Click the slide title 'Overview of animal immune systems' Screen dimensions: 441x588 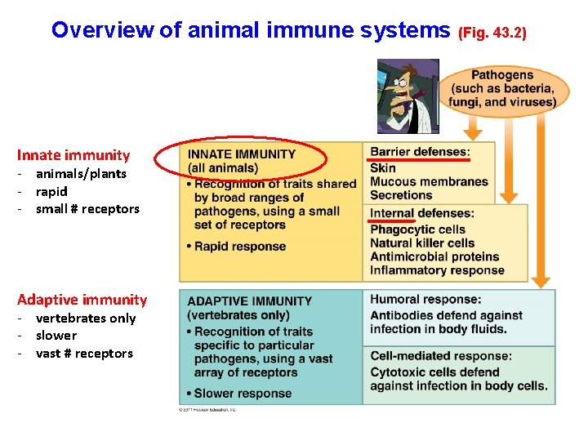point(250,30)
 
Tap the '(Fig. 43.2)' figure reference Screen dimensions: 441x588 point(492,33)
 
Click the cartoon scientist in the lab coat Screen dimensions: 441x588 point(408,96)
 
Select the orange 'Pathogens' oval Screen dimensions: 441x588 point(501,88)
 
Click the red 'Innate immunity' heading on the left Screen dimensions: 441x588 point(73,155)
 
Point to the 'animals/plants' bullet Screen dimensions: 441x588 point(81,173)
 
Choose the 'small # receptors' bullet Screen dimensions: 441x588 point(87,208)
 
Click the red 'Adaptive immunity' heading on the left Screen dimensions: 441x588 point(82,300)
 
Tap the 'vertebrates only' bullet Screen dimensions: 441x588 point(86,318)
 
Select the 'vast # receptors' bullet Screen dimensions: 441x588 point(84,353)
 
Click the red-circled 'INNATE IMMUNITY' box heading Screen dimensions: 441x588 point(242,154)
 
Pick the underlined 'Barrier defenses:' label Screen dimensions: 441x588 point(420,152)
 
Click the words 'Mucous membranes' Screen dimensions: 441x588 point(429,181)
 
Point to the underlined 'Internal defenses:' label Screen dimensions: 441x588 point(421,214)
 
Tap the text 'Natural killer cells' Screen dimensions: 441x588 point(422,243)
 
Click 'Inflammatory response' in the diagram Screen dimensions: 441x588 point(437,270)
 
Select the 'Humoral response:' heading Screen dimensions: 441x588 point(425,300)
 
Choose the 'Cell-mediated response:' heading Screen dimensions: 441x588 point(441,356)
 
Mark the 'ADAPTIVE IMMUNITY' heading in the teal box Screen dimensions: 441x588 point(250,301)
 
